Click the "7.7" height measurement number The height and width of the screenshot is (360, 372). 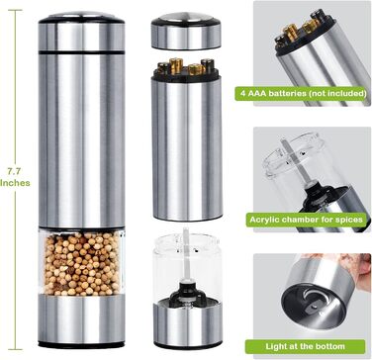point(15,171)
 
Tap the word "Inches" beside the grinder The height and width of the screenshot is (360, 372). point(15,183)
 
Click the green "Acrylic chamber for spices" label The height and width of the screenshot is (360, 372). point(306,220)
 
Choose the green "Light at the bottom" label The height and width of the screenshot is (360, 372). point(305,346)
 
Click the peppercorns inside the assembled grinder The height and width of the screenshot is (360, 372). point(81,263)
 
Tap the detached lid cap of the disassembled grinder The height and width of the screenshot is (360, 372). point(186,31)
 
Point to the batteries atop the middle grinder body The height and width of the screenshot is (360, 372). point(186,66)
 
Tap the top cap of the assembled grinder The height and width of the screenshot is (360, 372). point(81,32)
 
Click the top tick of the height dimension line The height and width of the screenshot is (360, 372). point(15,10)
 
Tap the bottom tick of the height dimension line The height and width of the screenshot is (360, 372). point(15,349)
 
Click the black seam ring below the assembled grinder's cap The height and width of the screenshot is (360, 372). point(81,52)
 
